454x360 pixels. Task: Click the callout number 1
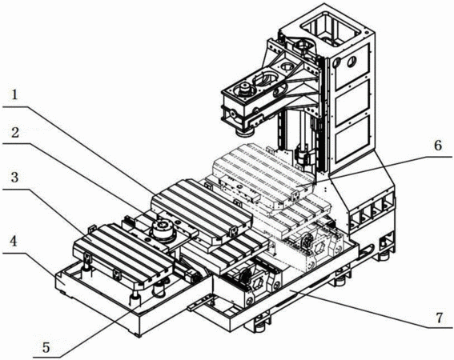click(x=14, y=95)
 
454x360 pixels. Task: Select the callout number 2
click(x=14, y=133)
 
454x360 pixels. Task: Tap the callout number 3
click(x=14, y=178)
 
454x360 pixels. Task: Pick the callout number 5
click(x=46, y=347)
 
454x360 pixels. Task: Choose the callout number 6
click(x=438, y=146)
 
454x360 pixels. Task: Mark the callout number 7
click(x=440, y=318)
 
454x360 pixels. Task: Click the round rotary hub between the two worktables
click(x=162, y=230)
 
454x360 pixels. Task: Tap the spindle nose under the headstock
click(x=244, y=133)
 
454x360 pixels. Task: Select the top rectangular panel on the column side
click(x=352, y=66)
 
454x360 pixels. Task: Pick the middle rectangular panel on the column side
click(x=352, y=103)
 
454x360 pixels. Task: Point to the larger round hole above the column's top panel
click(x=352, y=61)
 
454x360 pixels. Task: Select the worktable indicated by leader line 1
click(x=202, y=210)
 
